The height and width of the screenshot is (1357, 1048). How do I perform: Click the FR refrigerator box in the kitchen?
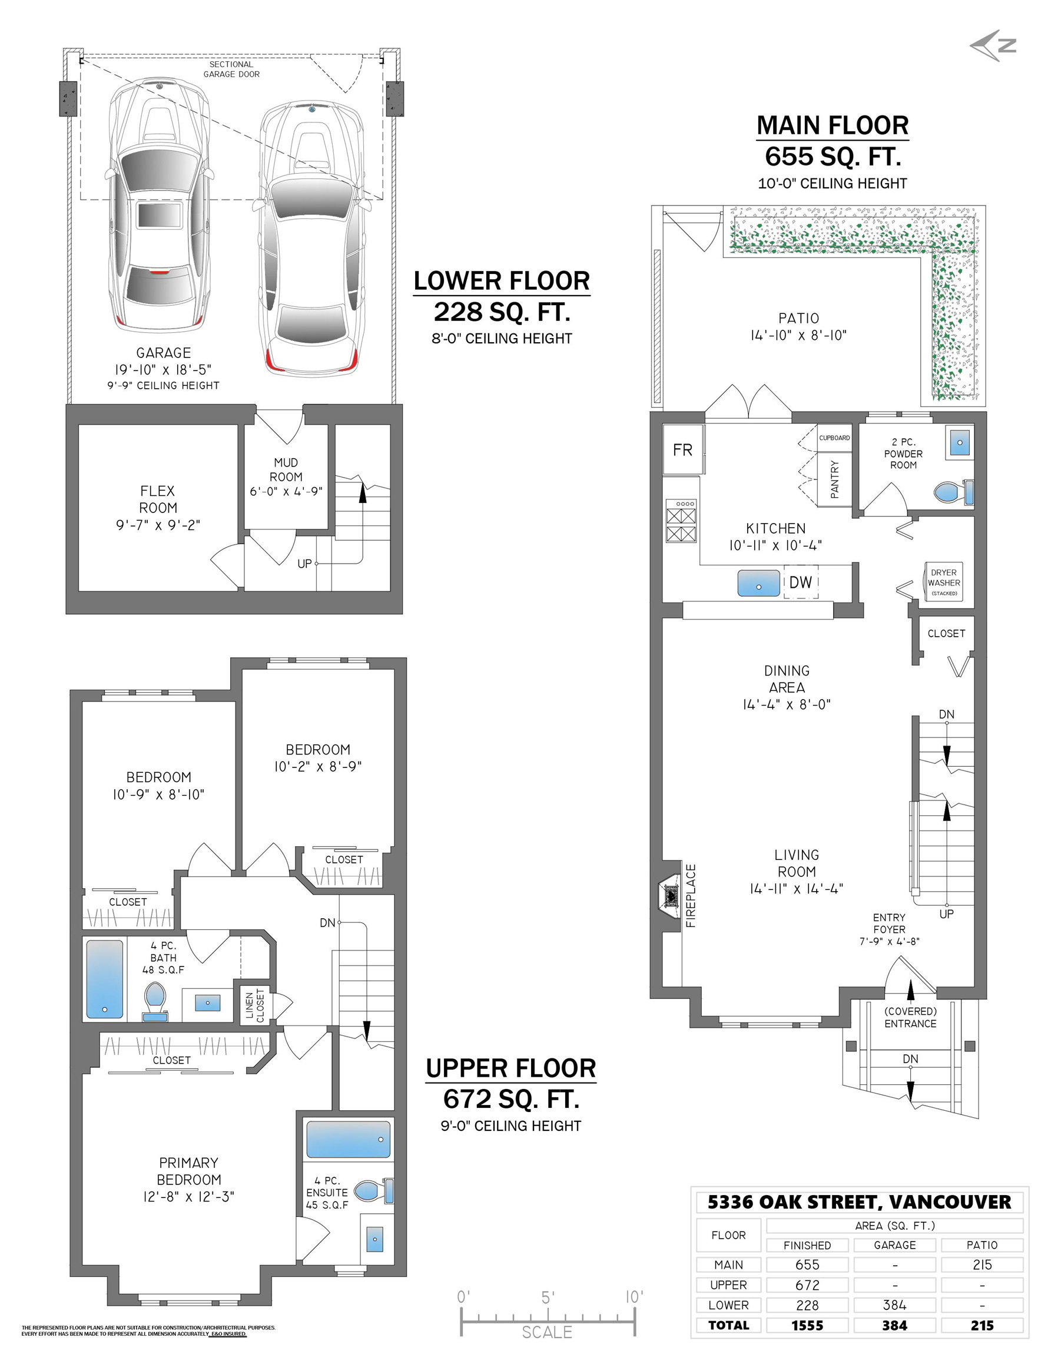(x=683, y=449)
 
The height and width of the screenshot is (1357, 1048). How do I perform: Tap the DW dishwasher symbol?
(x=801, y=581)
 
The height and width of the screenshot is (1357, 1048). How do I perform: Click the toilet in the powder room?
(x=954, y=493)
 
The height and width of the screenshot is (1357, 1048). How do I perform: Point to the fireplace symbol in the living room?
(x=670, y=895)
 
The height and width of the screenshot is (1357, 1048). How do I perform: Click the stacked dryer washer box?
(x=944, y=582)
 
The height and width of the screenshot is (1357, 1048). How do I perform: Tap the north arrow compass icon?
(x=993, y=45)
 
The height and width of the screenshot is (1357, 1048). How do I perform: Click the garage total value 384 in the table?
(x=894, y=1325)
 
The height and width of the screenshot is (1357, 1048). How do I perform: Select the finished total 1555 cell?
(x=807, y=1325)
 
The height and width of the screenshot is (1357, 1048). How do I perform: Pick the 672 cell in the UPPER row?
(x=807, y=1285)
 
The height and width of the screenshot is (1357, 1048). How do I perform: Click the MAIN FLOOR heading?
(x=833, y=125)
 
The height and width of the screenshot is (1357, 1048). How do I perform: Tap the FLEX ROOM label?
(x=158, y=499)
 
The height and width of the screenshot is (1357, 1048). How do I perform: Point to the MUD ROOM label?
(x=286, y=470)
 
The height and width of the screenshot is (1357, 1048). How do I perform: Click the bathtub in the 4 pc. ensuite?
(x=349, y=1140)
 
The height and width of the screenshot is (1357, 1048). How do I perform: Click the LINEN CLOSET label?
(x=255, y=1005)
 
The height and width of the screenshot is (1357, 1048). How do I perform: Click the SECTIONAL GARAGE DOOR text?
(x=231, y=69)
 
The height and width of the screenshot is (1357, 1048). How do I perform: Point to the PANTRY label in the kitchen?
(x=834, y=479)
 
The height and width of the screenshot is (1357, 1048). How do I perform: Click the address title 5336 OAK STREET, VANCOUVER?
(x=859, y=1202)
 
